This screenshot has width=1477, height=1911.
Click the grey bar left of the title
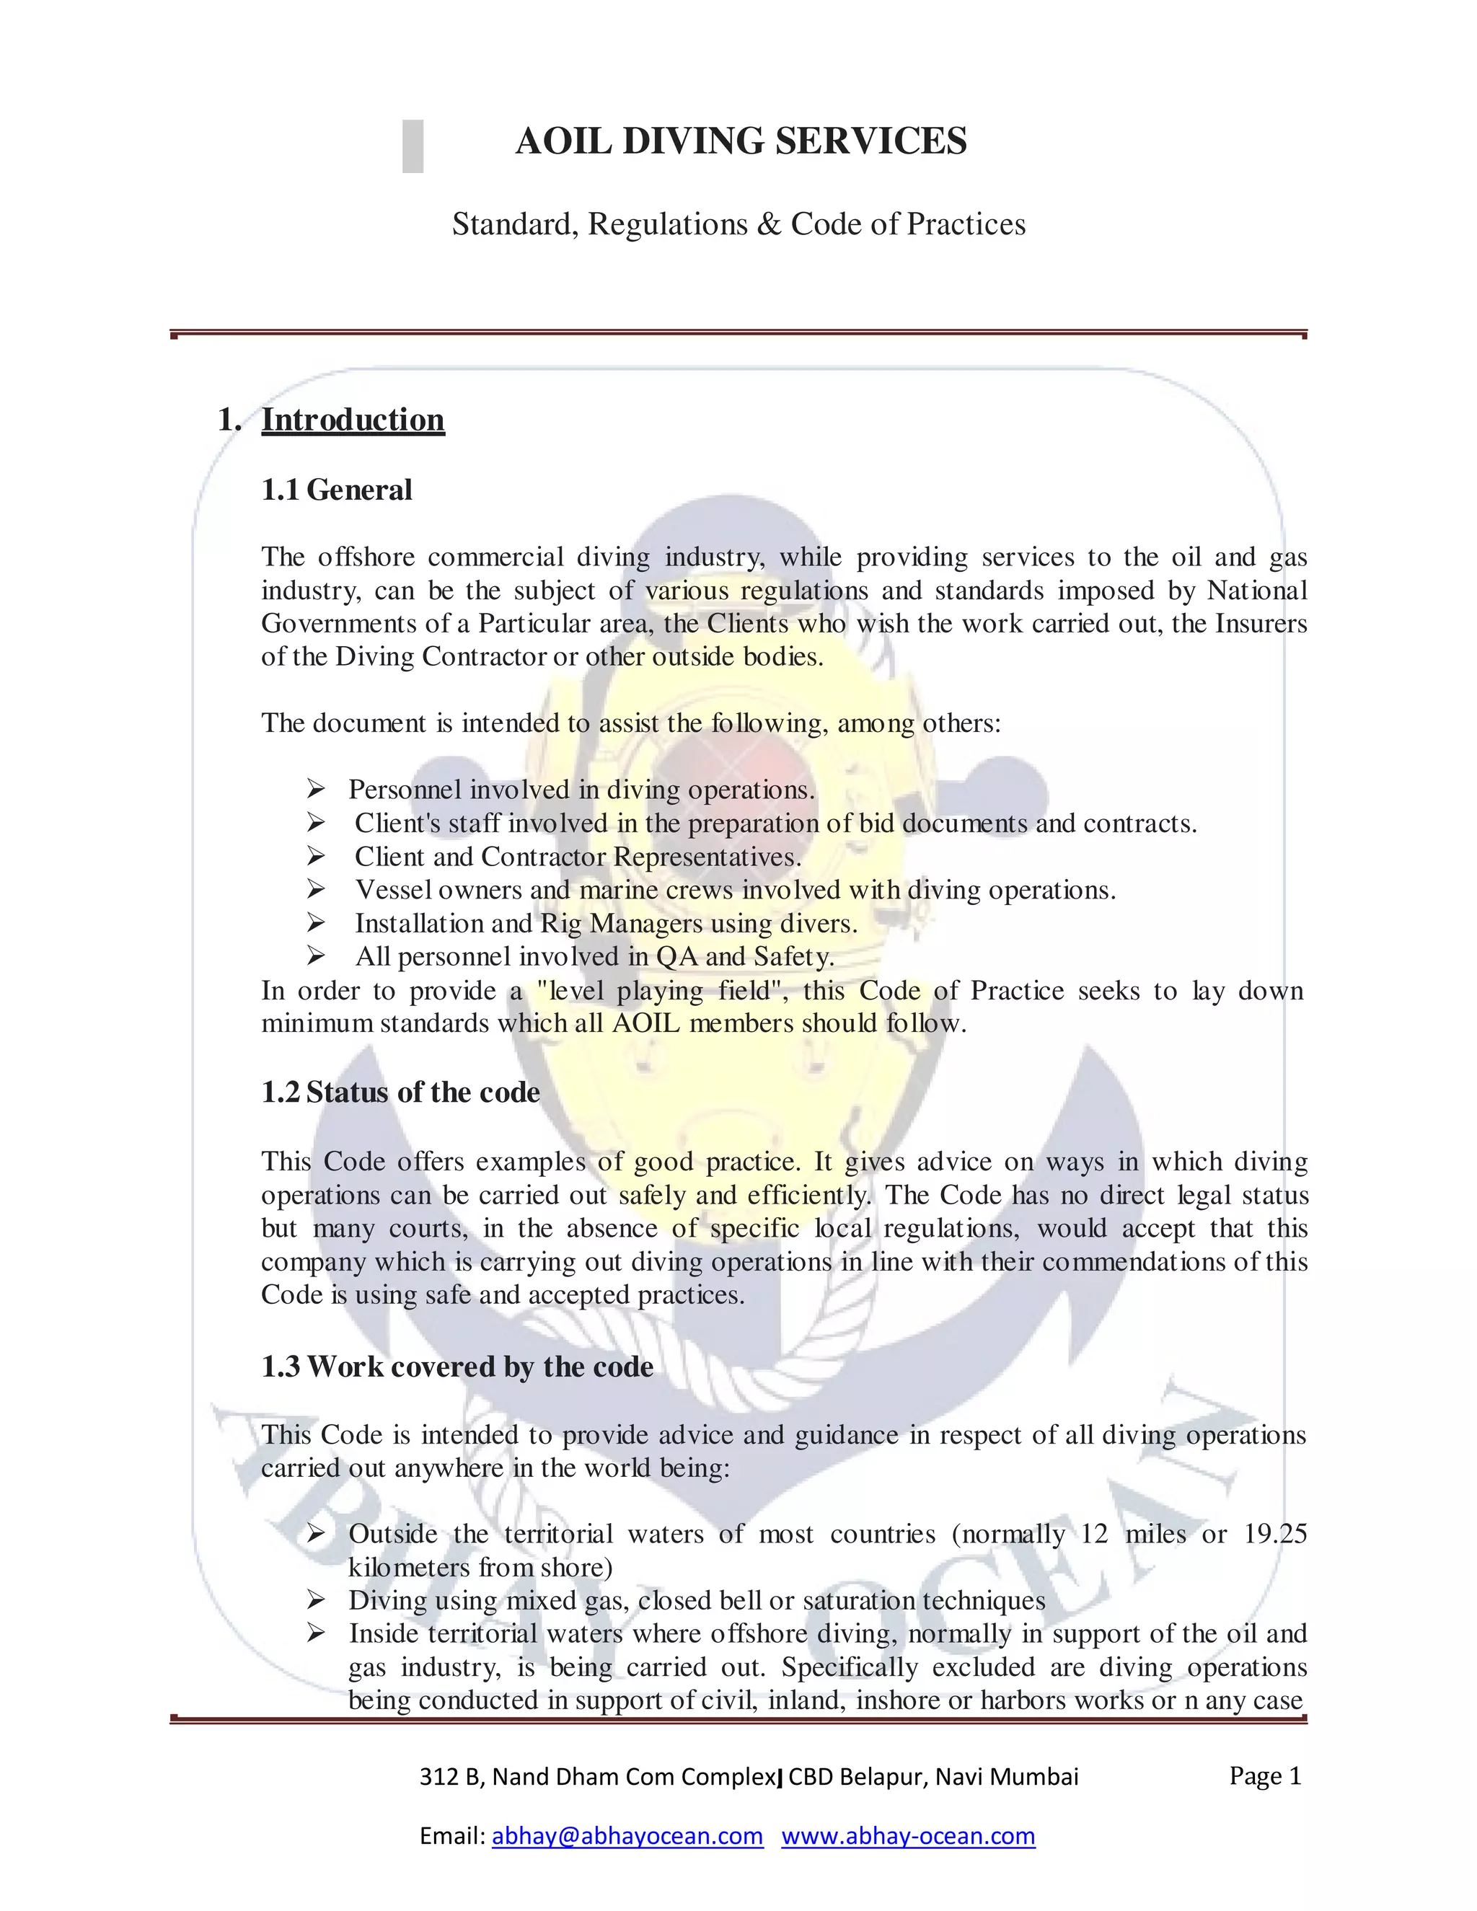pyautogui.click(x=413, y=146)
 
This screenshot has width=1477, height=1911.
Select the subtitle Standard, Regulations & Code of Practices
pyautogui.click(x=738, y=224)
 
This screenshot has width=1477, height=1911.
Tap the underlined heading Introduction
pyautogui.click(x=353, y=420)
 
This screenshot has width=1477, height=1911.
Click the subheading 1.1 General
pyautogui.click(x=337, y=490)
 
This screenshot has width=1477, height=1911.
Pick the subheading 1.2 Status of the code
pyautogui.click(x=401, y=1093)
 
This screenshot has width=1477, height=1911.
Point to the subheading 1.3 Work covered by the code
pyautogui.click(x=458, y=1367)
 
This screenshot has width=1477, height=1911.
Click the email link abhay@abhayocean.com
pyautogui.click(x=627, y=1836)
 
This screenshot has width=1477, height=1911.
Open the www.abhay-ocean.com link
pyautogui.click(x=908, y=1836)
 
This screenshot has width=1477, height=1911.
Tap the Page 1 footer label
pyautogui.click(x=1265, y=1775)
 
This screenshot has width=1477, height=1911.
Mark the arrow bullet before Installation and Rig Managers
pyautogui.click(x=316, y=923)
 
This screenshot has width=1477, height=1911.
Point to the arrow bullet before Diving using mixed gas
pyautogui.click(x=316, y=1600)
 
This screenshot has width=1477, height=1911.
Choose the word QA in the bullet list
pyautogui.click(x=676, y=956)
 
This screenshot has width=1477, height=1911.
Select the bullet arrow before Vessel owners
pyautogui.click(x=316, y=890)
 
